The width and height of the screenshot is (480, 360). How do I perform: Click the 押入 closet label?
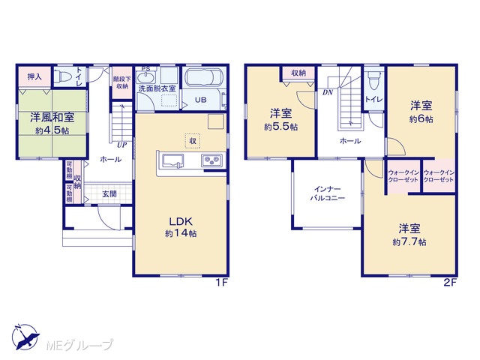[34, 76]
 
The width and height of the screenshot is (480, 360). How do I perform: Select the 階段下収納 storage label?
[121, 82]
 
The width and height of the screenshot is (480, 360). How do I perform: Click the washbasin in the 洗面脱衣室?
[146, 76]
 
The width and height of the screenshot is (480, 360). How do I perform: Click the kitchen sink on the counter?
[173, 161]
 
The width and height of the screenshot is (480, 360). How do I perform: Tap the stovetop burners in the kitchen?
[211, 160]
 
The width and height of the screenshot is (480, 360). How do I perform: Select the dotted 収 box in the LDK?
[193, 141]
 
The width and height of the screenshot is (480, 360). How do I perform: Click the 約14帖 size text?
[181, 233]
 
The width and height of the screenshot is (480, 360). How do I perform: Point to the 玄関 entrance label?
[109, 193]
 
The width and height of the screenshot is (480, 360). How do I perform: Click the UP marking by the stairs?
[121, 145]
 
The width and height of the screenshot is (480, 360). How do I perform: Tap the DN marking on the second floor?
[328, 92]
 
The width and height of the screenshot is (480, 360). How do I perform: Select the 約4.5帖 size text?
[52, 130]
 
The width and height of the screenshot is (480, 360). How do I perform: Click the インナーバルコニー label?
[328, 193]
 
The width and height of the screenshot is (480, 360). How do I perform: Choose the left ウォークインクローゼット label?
[403, 176]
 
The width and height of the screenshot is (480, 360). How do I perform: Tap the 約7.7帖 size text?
[409, 242]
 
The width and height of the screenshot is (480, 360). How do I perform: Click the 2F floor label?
[450, 283]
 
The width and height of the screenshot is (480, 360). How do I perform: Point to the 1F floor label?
[222, 283]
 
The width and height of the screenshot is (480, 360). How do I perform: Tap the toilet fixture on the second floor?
[373, 80]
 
